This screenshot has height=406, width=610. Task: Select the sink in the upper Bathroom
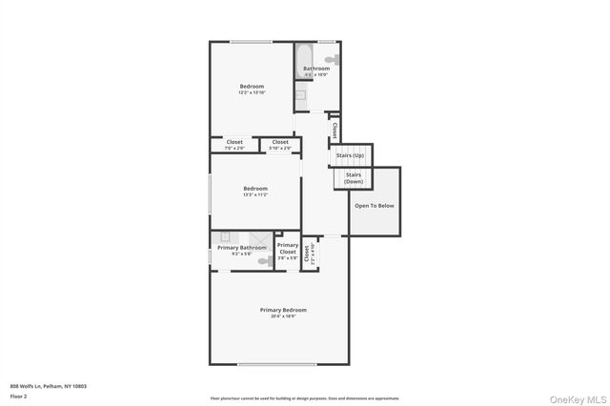pyautogui.click(x=300, y=94)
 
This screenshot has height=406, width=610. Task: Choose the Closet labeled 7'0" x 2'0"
pyautogui.click(x=234, y=143)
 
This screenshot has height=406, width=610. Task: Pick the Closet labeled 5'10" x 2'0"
pyautogui.click(x=280, y=143)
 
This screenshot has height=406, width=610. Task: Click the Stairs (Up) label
pyautogui.click(x=352, y=155)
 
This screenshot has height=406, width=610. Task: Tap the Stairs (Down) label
pyautogui.click(x=353, y=178)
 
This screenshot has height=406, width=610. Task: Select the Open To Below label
pyautogui.click(x=374, y=206)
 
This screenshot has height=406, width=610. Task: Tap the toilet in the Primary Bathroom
pyautogui.click(x=264, y=260)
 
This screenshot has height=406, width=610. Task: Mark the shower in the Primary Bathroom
pyautogui.click(x=260, y=239)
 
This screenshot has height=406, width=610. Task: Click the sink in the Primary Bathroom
pyautogui.click(x=225, y=237)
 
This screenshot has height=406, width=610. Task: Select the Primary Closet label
pyautogui.click(x=287, y=249)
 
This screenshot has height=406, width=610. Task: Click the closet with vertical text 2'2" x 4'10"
pyautogui.click(x=309, y=254)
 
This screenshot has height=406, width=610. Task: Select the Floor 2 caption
pyautogui.click(x=18, y=396)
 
